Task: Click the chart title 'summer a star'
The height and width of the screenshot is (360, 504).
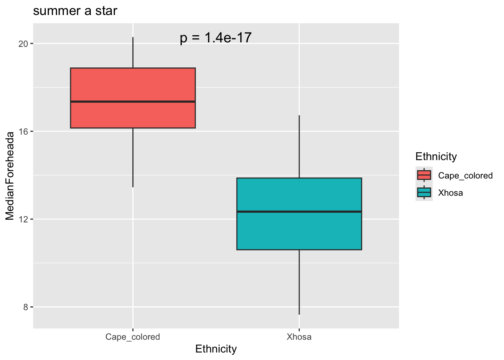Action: click(75, 11)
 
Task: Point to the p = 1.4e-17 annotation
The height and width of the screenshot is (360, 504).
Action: click(216, 38)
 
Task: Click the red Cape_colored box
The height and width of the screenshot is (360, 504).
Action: click(133, 84)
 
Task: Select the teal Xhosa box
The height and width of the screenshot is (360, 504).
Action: click(299, 231)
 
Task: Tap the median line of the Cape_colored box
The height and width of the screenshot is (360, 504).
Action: click(133, 102)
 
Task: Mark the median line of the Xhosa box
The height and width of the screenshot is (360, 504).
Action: click(299, 211)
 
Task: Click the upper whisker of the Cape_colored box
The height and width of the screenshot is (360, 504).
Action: click(133, 52)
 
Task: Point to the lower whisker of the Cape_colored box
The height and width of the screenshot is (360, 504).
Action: click(133, 157)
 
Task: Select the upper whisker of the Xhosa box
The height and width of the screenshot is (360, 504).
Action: click(299, 146)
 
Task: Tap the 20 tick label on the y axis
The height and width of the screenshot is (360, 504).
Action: click(24, 44)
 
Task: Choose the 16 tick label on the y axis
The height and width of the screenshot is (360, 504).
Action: click(24, 132)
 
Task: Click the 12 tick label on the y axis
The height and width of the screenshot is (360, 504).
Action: click(24, 219)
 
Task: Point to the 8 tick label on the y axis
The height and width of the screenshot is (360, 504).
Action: click(25, 307)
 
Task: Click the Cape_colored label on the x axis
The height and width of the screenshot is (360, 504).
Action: click(133, 337)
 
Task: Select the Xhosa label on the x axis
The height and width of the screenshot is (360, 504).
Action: click(299, 337)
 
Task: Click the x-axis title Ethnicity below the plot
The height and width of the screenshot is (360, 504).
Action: click(216, 349)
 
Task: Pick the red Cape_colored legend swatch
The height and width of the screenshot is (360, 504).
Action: click(424, 175)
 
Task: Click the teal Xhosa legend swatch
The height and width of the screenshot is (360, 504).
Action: click(424, 192)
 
